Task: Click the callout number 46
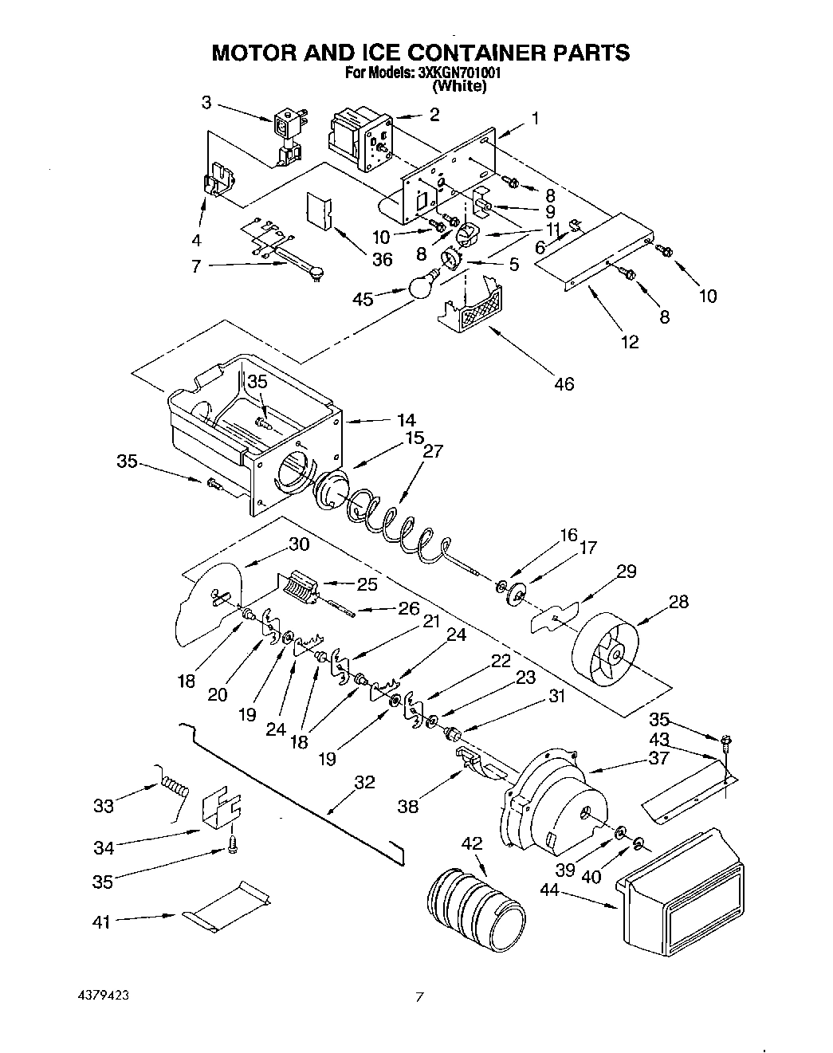(x=563, y=384)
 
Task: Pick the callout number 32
(x=363, y=782)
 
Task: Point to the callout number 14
(x=407, y=420)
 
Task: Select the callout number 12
(x=630, y=342)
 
